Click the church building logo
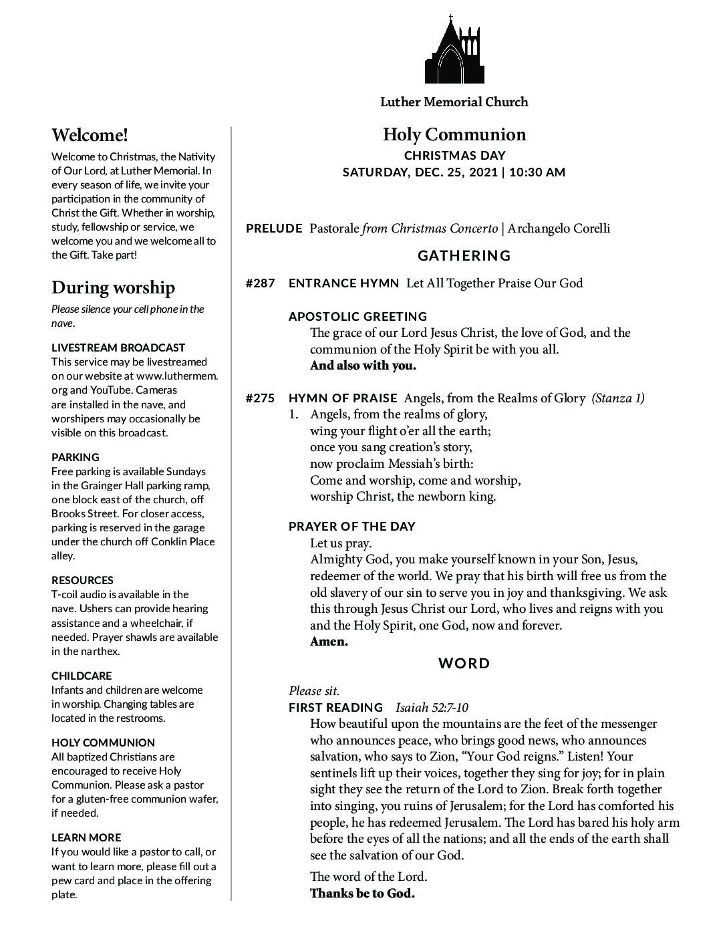pos(454,50)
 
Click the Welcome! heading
pos(90,136)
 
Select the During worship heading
pos(113,288)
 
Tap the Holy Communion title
pos(454,135)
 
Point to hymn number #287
pos(261,283)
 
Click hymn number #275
pos(261,398)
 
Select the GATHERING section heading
pos(464,256)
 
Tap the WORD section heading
pos(464,664)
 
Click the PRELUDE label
pos(274,229)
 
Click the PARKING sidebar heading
pos(76,458)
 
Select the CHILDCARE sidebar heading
pos(82,676)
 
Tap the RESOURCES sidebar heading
pos(82,581)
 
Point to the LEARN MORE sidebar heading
pos(86,838)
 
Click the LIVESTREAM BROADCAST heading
pos(118,348)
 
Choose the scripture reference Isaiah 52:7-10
pos(432,708)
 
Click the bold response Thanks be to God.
pos(362,894)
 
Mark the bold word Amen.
pos(329,642)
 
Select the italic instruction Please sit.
pos(314,691)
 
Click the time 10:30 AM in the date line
pos(537,172)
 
